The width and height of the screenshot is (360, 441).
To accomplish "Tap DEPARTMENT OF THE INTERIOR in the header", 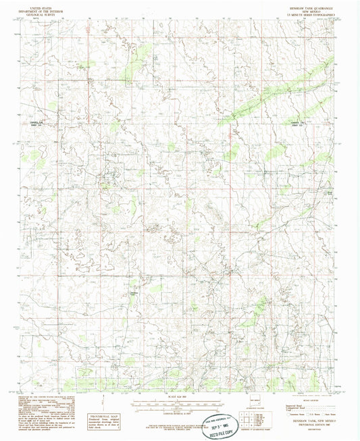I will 37,7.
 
